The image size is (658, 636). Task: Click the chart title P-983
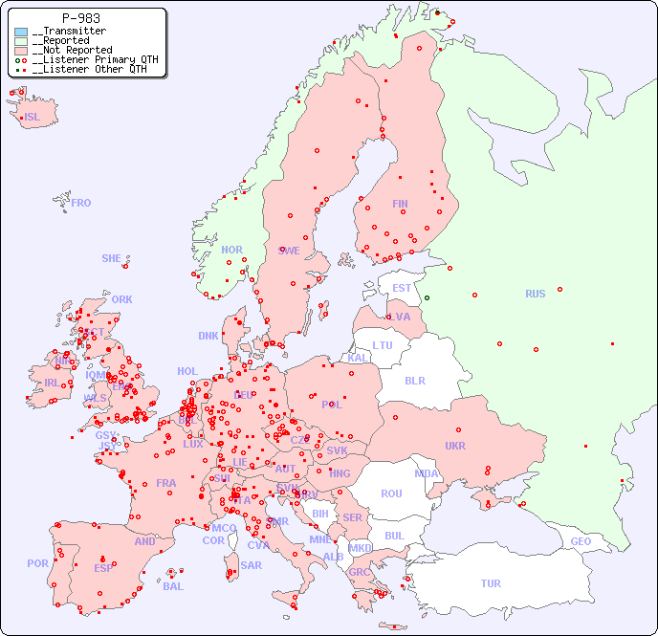click(80, 18)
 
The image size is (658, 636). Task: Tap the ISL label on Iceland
click(33, 118)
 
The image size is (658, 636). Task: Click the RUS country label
click(535, 294)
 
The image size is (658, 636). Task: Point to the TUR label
click(491, 583)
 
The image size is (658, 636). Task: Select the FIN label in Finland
click(400, 204)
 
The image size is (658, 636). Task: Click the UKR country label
click(455, 446)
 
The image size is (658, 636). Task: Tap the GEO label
click(581, 541)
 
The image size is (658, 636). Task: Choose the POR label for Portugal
click(37, 563)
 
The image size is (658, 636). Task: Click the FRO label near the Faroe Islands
click(81, 203)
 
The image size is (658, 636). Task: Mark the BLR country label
click(414, 380)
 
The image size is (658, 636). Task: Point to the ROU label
click(391, 493)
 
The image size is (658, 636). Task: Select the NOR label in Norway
click(231, 250)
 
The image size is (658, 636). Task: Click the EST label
click(402, 288)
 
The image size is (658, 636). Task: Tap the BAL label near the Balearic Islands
click(173, 586)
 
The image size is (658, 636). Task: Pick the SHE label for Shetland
click(111, 258)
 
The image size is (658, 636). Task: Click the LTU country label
click(383, 345)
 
